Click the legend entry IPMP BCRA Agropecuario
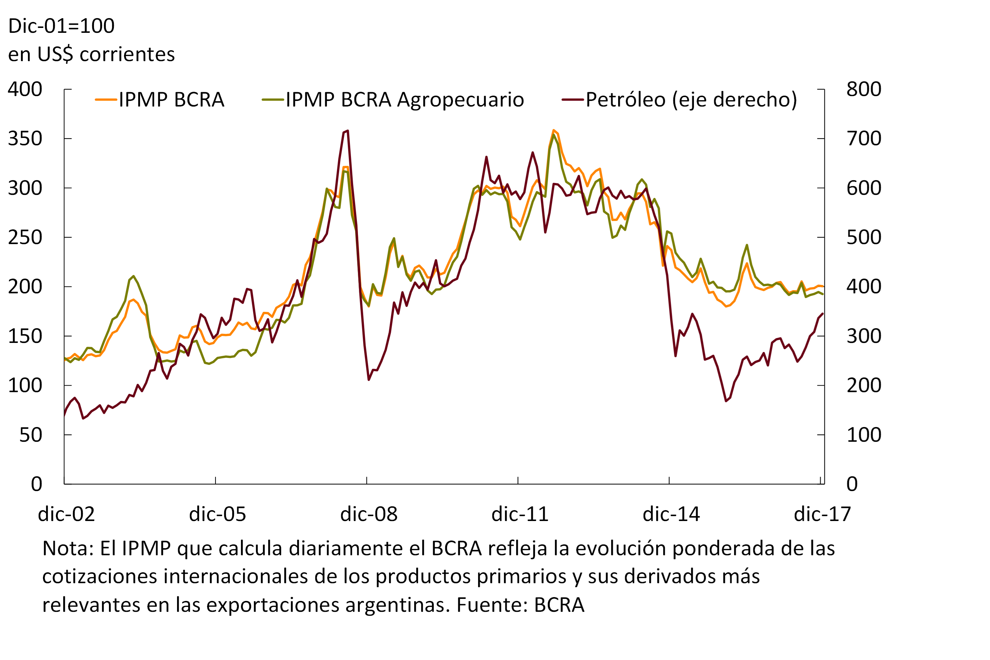click(x=404, y=100)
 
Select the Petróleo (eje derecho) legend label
click(x=691, y=100)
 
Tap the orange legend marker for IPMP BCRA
click(x=106, y=100)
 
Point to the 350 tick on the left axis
click(x=25, y=139)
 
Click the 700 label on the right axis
click(x=864, y=139)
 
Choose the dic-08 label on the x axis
click(x=369, y=514)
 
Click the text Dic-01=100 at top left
click(x=61, y=26)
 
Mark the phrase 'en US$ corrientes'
click(x=91, y=54)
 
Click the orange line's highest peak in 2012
click(x=553, y=131)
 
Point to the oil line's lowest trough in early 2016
click(x=726, y=401)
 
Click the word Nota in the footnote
click(x=67, y=549)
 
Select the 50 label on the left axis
click(x=31, y=435)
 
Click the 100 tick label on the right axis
click(x=864, y=435)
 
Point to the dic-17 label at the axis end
click(x=822, y=514)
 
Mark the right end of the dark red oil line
click(x=822, y=314)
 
